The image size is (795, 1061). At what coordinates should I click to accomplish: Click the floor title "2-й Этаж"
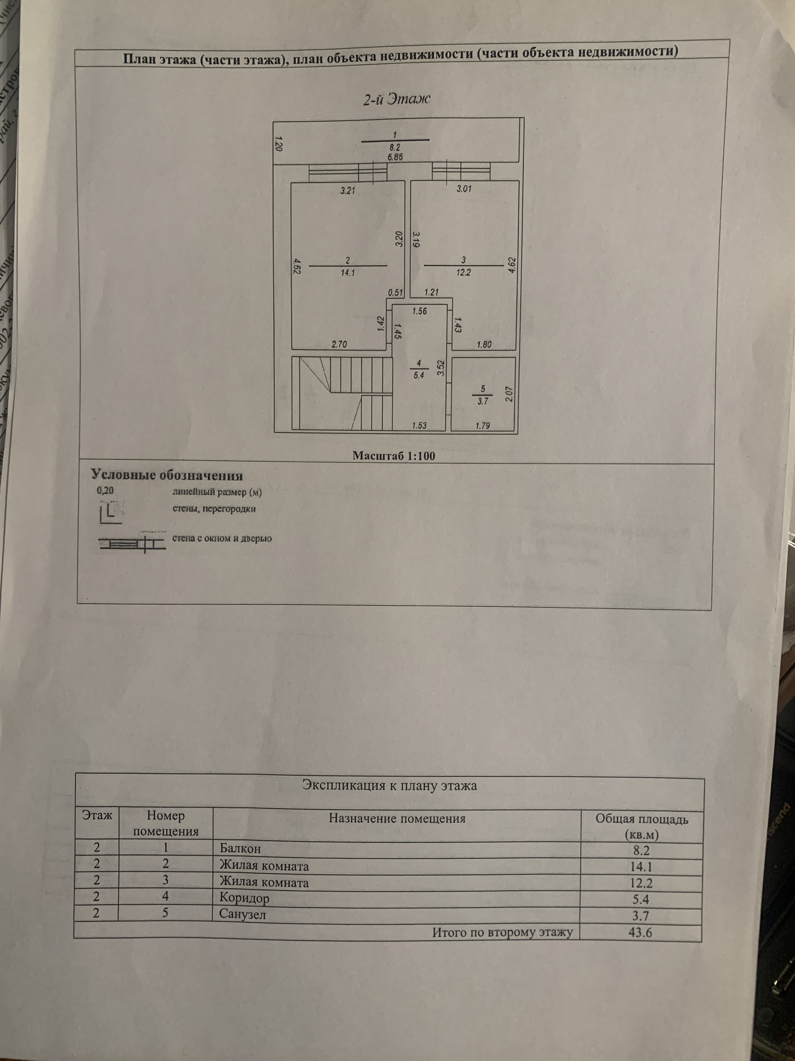click(x=396, y=99)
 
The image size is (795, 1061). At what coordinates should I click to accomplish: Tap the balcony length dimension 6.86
click(x=395, y=157)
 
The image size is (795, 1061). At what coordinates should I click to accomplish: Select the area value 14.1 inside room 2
click(x=347, y=272)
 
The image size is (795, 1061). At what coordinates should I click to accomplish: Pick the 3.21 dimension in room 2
click(x=347, y=190)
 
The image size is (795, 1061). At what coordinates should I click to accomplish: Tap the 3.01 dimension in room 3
click(x=463, y=189)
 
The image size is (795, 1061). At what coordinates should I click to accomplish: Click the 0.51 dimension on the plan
click(x=395, y=292)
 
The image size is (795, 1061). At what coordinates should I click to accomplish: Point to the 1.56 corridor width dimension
click(x=419, y=311)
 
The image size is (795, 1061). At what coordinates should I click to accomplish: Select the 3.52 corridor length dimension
click(x=441, y=368)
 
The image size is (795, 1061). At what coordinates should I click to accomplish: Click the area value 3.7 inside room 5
click(x=482, y=401)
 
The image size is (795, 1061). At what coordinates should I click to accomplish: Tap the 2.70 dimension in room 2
click(x=339, y=344)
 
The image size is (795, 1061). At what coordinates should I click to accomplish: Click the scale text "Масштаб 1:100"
click(x=394, y=455)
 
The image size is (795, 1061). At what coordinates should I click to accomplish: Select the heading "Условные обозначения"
click(x=167, y=475)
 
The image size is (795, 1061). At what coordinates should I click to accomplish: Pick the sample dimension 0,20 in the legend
click(x=106, y=491)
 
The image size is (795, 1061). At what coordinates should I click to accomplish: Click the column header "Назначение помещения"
click(x=397, y=818)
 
